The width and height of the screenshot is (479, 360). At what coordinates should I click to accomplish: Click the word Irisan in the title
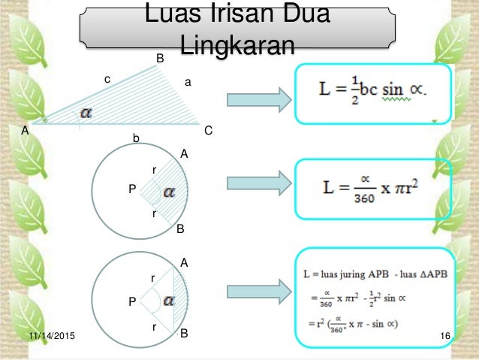pos(228,14)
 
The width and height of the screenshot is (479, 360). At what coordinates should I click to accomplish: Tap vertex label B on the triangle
pos(159,59)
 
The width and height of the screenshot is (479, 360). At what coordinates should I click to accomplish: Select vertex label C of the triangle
pos(208,131)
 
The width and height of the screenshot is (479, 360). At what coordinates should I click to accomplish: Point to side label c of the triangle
pos(107,78)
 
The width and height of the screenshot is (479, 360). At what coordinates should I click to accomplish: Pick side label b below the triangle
pos(136,138)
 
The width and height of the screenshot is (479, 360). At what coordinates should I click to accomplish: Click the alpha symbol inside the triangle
pos(88,113)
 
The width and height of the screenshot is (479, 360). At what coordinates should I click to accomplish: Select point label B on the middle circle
pos(179,229)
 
